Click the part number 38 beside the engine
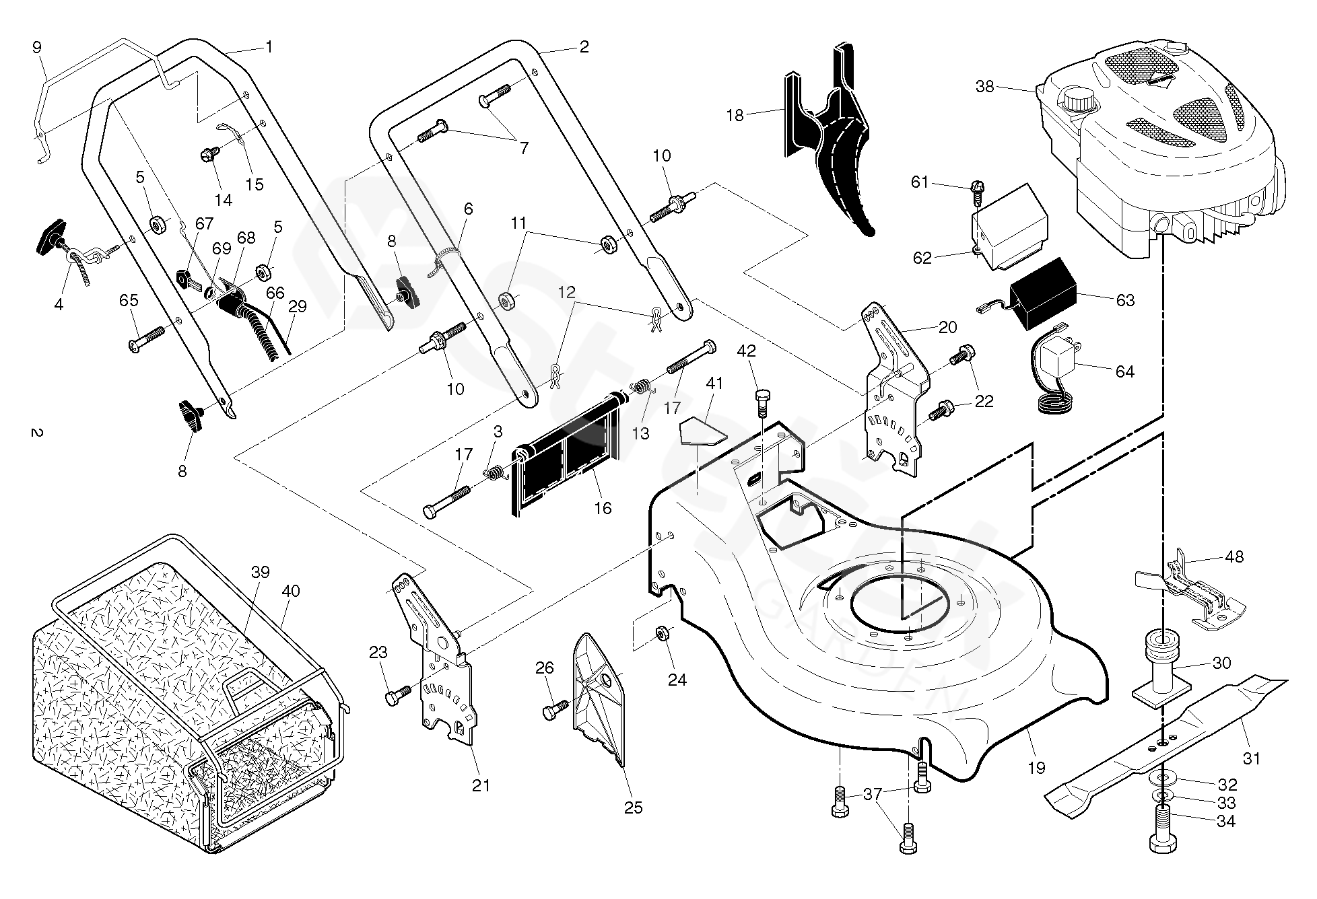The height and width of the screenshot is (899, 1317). click(984, 87)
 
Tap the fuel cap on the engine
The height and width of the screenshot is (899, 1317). click(1079, 100)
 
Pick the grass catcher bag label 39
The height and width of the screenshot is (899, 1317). click(261, 572)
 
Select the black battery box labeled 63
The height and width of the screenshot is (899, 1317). click(1040, 296)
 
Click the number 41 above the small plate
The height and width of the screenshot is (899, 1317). click(714, 384)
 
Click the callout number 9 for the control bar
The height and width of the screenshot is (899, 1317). click(36, 48)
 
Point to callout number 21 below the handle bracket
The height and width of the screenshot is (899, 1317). click(481, 785)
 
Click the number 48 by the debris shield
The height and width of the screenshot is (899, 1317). click(1234, 556)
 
